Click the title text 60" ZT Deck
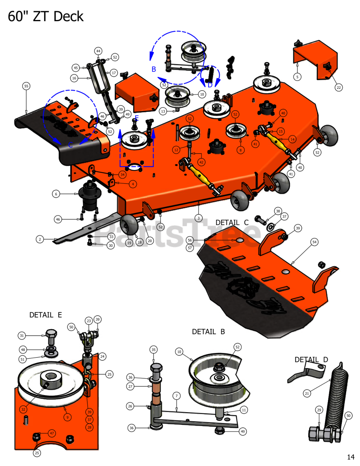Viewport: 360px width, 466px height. [x=46, y=17]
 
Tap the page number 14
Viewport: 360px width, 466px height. [x=351, y=457]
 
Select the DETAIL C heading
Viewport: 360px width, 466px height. [x=232, y=222]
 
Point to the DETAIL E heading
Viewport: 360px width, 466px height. [x=46, y=315]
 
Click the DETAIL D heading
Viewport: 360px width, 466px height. [x=311, y=360]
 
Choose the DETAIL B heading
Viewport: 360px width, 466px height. [x=208, y=332]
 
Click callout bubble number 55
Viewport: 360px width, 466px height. [x=26, y=86]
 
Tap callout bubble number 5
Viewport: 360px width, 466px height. [x=297, y=77]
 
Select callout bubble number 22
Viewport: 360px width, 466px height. [x=339, y=87]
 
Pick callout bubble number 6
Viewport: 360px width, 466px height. [x=56, y=194]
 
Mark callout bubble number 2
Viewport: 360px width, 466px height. [x=40, y=239]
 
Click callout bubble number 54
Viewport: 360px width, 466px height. [x=314, y=242]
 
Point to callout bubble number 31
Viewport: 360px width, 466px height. [x=22, y=336]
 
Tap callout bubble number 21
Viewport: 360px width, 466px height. [x=307, y=393]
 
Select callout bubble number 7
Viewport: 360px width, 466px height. [x=177, y=396]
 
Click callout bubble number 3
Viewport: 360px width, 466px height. [x=198, y=218]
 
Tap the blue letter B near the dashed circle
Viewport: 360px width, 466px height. [x=154, y=69]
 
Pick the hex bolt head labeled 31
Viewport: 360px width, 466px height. [x=51, y=334]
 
